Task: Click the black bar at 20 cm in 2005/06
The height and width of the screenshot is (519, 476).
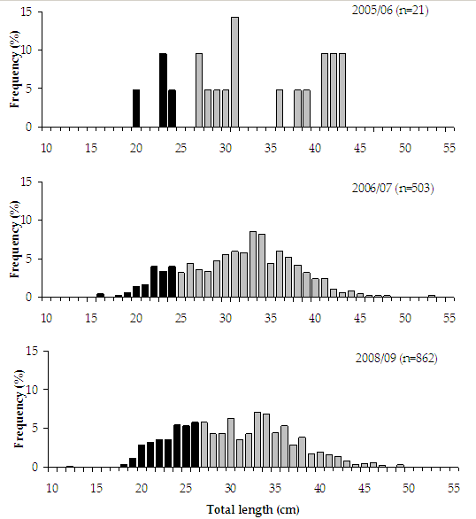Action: pos(136,108)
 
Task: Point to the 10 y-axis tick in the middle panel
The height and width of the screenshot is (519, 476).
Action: pos(27,221)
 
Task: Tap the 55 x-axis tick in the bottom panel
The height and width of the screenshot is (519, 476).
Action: pos(453,488)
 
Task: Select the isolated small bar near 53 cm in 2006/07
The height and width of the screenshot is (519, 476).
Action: pos(431,296)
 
